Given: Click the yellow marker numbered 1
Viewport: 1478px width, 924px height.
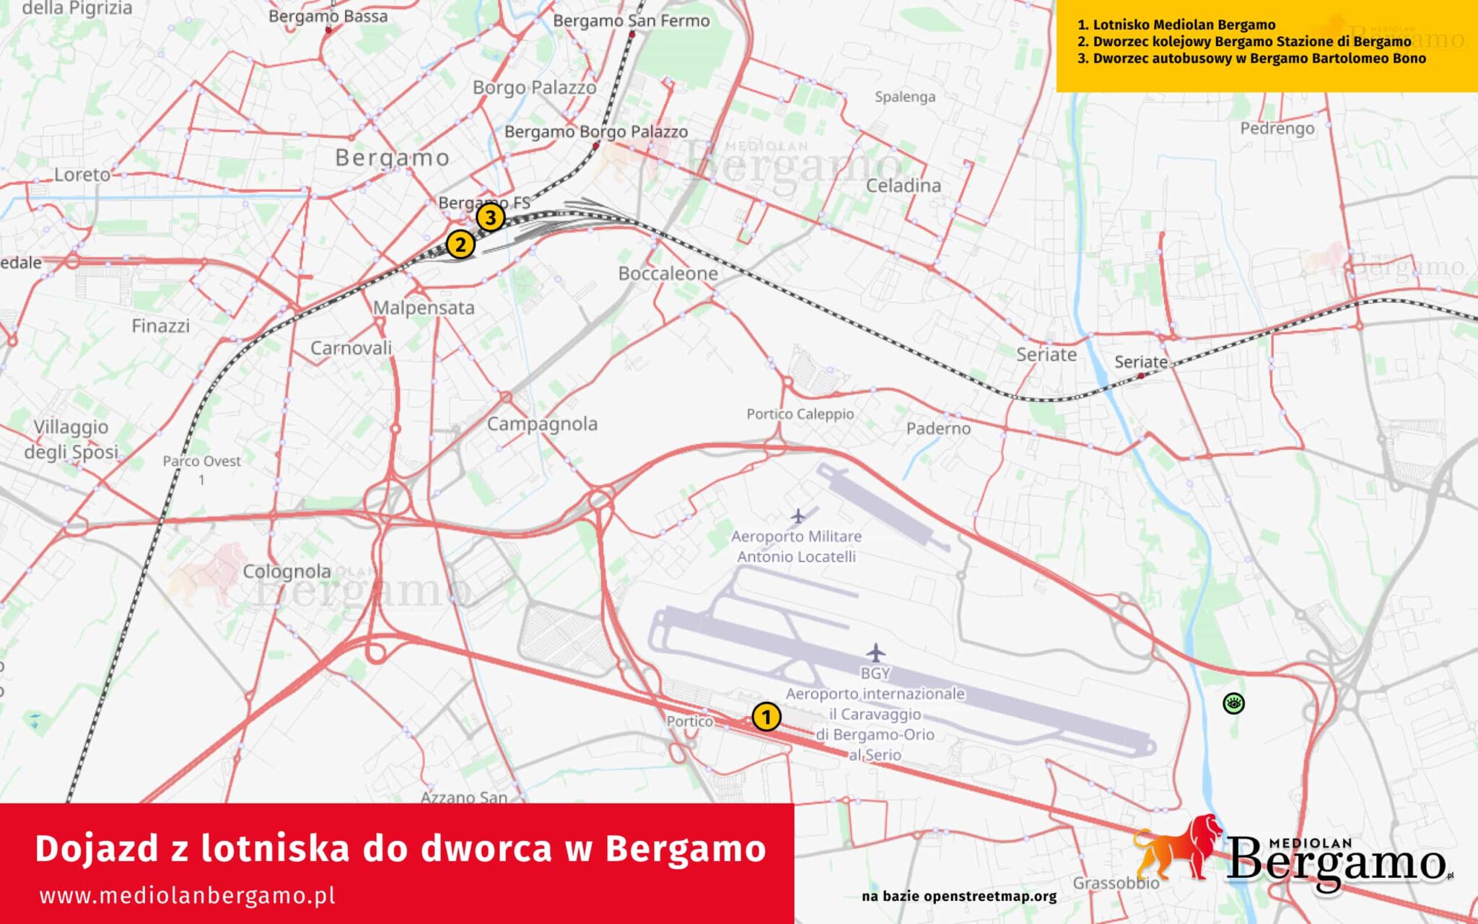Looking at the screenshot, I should pyautogui.click(x=766, y=717).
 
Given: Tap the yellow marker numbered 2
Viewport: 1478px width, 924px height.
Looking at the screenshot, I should pyautogui.click(x=460, y=245).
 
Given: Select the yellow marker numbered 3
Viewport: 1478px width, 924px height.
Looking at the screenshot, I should pyautogui.click(x=490, y=217).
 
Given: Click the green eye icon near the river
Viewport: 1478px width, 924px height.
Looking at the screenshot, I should pyautogui.click(x=1233, y=703).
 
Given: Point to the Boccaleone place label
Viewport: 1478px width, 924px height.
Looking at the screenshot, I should pyautogui.click(x=668, y=274).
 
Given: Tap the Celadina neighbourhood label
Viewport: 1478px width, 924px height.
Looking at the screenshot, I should pyautogui.click(x=904, y=186).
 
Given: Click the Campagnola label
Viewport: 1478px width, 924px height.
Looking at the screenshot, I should pyautogui.click(x=542, y=424).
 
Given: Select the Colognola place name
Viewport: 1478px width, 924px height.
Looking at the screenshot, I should pyautogui.click(x=287, y=572).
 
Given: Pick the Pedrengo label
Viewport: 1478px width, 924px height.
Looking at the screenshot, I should pyautogui.click(x=1277, y=128).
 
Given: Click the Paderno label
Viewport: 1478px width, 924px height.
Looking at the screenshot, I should pyautogui.click(x=938, y=429).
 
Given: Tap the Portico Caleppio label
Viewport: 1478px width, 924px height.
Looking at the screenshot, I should pyautogui.click(x=800, y=414).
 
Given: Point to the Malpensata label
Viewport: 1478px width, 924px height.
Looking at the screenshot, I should pyautogui.click(x=424, y=308).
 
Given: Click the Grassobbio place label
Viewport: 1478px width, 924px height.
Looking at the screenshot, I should pyautogui.click(x=1115, y=883).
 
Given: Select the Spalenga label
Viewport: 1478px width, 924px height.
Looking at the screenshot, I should pyautogui.click(x=905, y=97).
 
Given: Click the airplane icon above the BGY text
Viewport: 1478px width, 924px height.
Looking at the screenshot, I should pyautogui.click(x=875, y=653).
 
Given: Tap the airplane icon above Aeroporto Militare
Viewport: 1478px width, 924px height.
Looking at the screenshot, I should pyautogui.click(x=798, y=516).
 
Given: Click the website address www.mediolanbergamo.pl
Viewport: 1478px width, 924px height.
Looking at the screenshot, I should pyautogui.click(x=188, y=896).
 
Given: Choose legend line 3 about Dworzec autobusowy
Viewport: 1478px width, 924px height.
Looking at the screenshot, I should pyautogui.click(x=1251, y=58).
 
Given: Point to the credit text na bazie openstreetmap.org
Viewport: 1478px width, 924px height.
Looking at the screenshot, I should pyautogui.click(x=959, y=897).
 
